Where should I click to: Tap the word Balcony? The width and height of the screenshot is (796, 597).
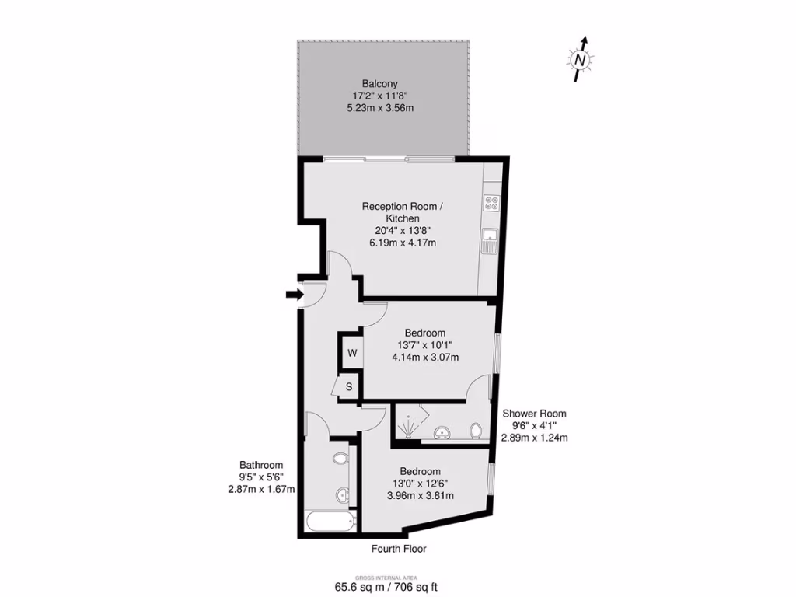coord(379,83)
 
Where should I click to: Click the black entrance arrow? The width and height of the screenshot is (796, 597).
coord(294,294)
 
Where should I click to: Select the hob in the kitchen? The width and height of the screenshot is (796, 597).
coord(491,204)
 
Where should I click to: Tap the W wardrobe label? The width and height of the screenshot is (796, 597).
coord(351,353)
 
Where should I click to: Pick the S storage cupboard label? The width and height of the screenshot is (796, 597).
coord(349,386)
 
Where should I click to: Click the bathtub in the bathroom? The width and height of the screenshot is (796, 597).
coord(330,521)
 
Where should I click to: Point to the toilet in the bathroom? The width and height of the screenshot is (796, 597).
coord(340,459)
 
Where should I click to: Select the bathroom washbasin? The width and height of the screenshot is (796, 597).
coord(342,494)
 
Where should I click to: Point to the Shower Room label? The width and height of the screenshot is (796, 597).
coord(534,414)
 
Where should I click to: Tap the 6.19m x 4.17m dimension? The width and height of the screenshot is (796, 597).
coord(402,243)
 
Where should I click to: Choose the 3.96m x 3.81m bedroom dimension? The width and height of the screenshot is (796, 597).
coord(421,495)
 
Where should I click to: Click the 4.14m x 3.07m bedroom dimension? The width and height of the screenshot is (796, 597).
coord(425,358)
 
